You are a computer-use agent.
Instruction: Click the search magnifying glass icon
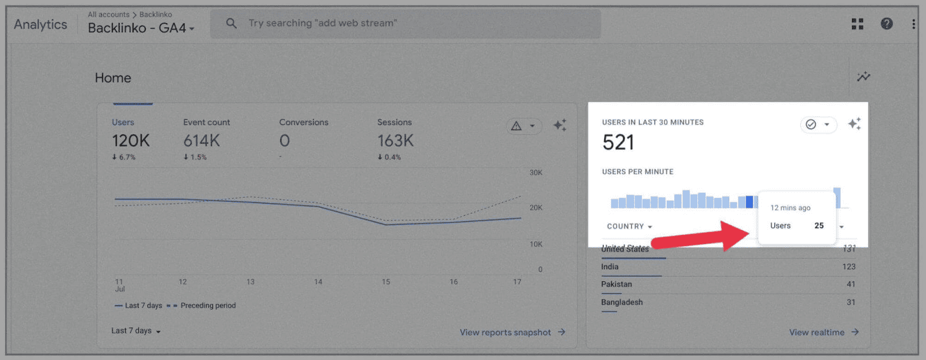[231, 23]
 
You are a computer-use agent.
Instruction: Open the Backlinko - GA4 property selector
[141, 28]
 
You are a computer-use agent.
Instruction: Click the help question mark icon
[887, 24]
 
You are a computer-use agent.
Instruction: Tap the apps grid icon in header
[857, 24]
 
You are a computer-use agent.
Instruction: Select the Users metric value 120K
[131, 141]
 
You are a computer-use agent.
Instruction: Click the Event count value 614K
[201, 141]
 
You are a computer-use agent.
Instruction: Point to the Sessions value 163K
[395, 141]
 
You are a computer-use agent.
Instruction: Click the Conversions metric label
[303, 122]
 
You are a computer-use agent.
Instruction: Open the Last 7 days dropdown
[136, 330]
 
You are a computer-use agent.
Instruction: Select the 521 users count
[618, 142]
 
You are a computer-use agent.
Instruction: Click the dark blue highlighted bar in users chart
[749, 202]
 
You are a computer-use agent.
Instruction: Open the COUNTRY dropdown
[629, 226]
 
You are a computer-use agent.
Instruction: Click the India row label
[609, 267]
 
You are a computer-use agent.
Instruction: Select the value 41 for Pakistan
[850, 284]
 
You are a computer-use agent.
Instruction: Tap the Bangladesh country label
[622, 302]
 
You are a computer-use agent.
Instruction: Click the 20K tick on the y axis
[536, 208]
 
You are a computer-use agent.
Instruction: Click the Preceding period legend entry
[208, 306]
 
